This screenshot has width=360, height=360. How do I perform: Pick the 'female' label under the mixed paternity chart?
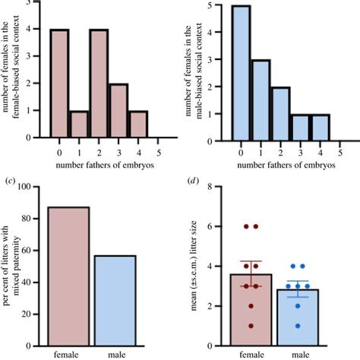coord(67,353)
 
